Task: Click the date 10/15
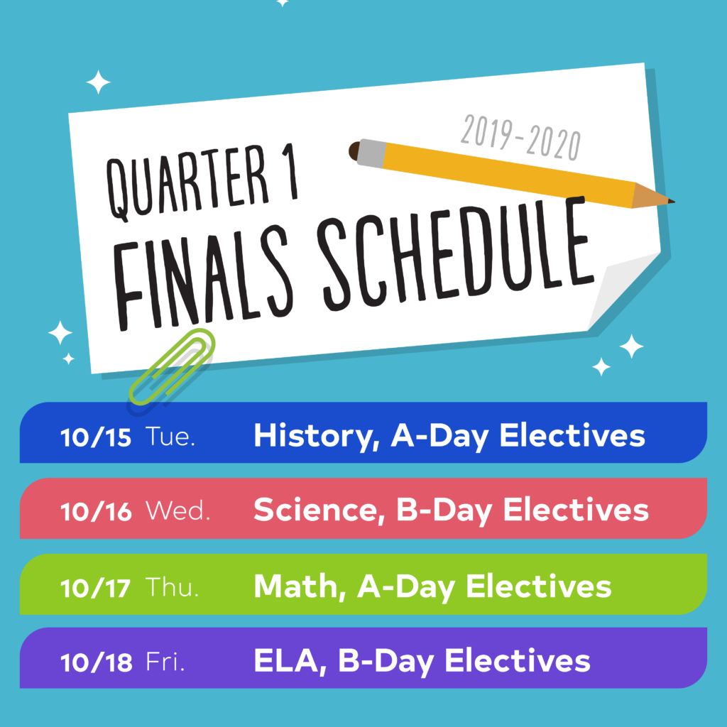tap(96, 437)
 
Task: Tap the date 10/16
tap(96, 512)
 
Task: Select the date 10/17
tap(95, 588)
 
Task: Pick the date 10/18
tap(97, 662)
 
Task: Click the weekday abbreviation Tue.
tap(170, 437)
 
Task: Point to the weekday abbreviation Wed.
tap(178, 511)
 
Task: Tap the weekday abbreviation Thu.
tap(172, 587)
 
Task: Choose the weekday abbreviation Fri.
tap(165, 662)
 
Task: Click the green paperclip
tap(172, 367)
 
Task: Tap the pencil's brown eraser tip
tap(354, 151)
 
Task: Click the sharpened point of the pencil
tap(673, 201)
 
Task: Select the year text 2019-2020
tap(520, 138)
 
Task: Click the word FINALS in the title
tap(204, 278)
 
